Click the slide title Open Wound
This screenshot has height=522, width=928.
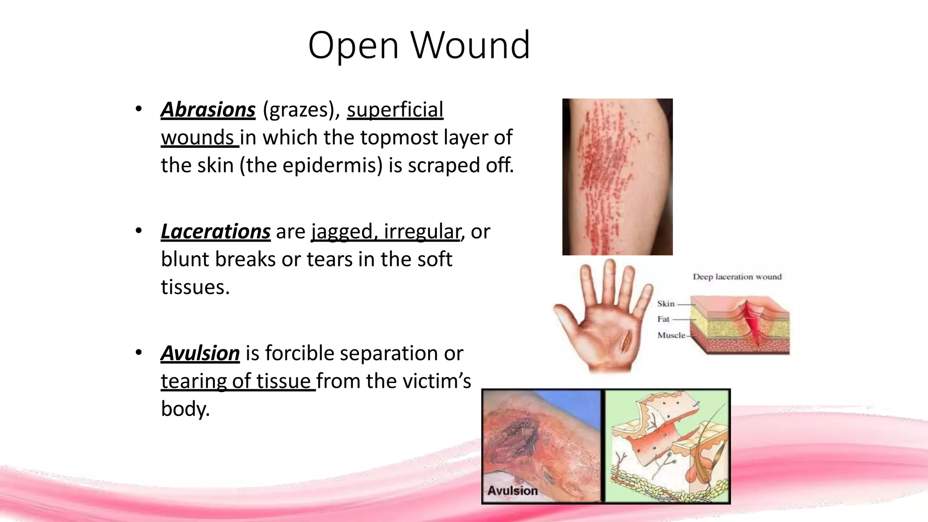[x=419, y=45]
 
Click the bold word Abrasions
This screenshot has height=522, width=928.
[x=208, y=110]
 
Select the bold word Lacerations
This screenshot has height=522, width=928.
[x=215, y=232]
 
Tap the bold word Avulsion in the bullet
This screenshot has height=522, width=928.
[x=200, y=353]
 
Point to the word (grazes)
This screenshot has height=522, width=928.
[x=301, y=110]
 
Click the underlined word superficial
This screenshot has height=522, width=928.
[x=395, y=110]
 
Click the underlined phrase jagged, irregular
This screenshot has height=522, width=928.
[x=386, y=232]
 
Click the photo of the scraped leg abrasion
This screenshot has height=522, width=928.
[x=617, y=177]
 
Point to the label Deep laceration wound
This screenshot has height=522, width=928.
[x=737, y=277]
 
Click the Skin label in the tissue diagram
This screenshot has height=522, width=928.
[x=666, y=304]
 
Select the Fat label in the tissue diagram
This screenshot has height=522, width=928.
[x=663, y=319]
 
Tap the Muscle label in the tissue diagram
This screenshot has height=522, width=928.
[x=671, y=335]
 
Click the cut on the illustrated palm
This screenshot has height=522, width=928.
[x=627, y=341]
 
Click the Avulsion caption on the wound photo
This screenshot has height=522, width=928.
[x=512, y=491]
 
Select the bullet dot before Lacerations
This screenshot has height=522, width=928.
[x=139, y=231]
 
